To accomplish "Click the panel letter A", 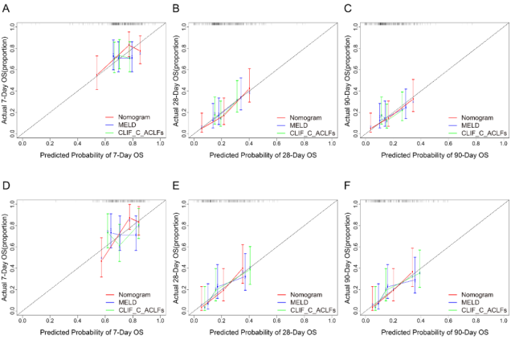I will (x=6, y=7).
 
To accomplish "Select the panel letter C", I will (x=346, y=7).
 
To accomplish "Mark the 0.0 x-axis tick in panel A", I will (x=22, y=143).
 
